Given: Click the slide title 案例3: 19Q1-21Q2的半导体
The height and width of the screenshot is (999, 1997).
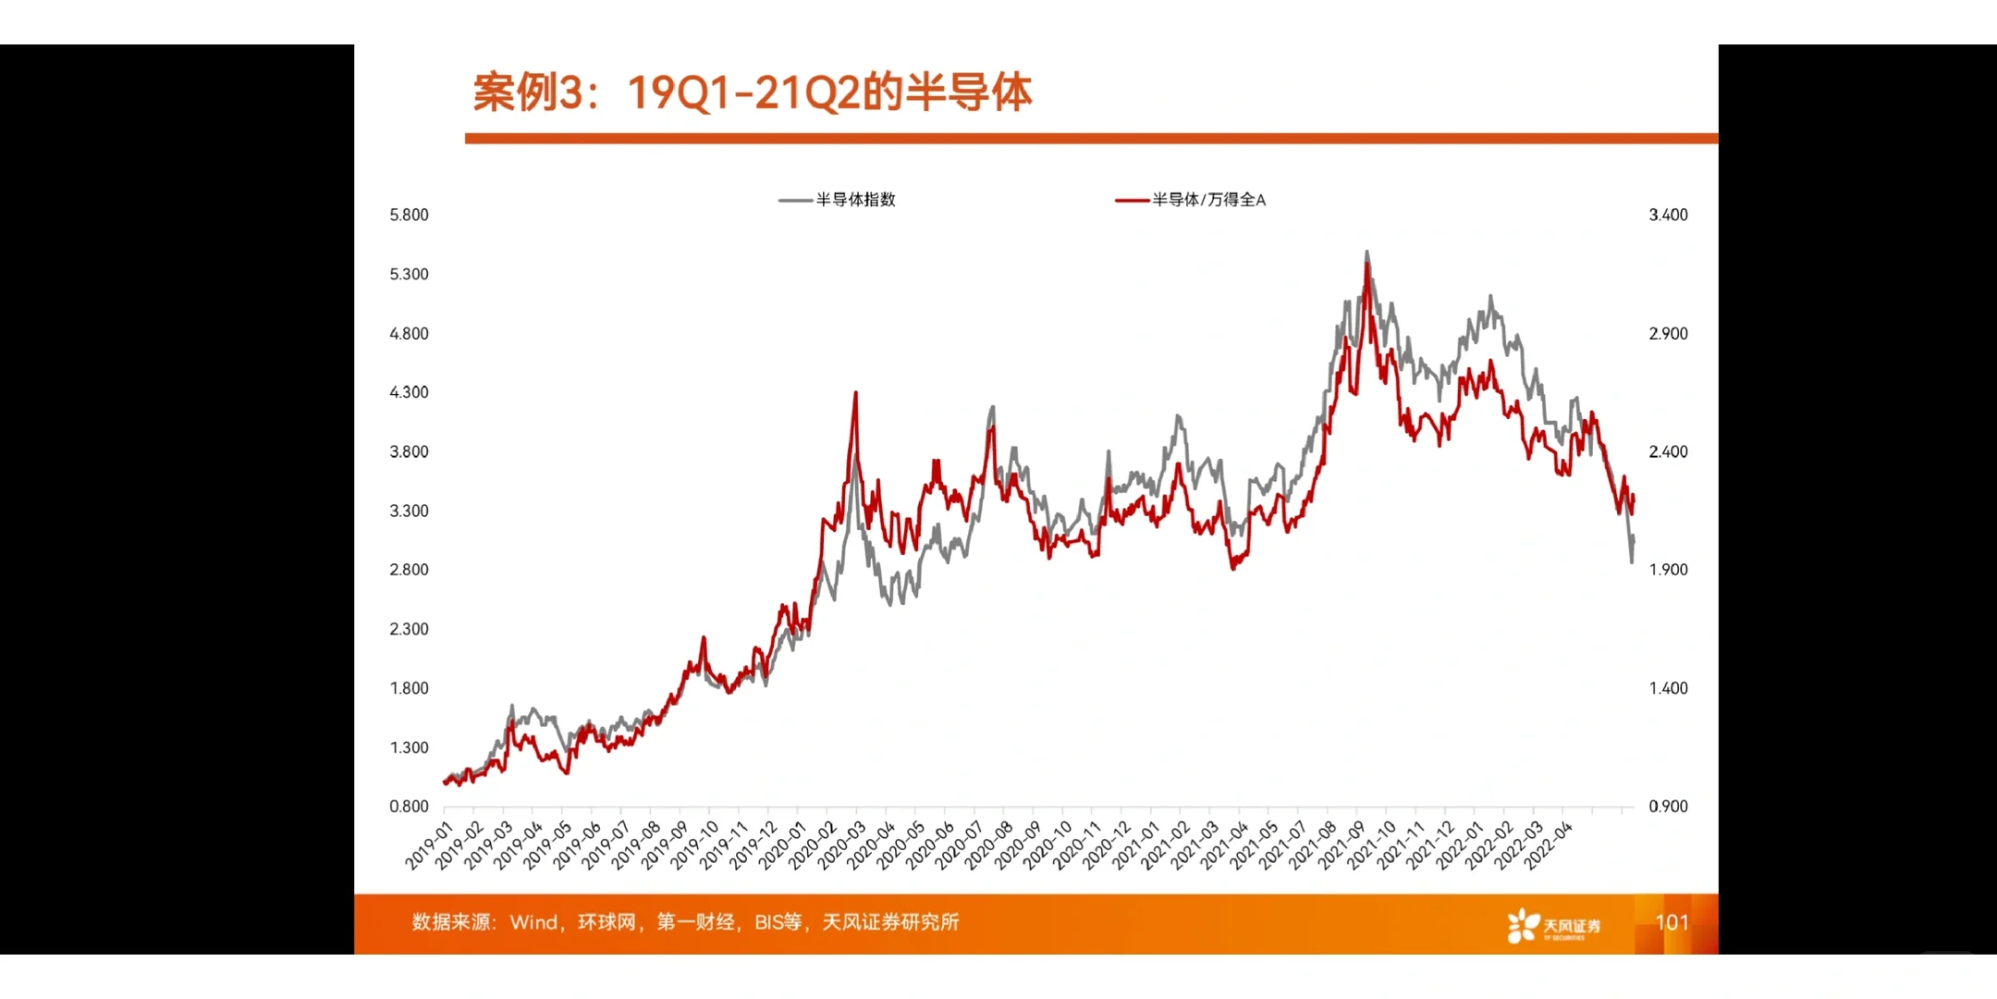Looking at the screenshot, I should (752, 92).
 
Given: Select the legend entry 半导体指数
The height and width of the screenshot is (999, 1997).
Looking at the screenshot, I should (854, 200).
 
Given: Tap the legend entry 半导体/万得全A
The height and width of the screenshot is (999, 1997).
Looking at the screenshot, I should (1207, 200).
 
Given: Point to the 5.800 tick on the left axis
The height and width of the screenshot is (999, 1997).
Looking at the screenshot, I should (409, 215).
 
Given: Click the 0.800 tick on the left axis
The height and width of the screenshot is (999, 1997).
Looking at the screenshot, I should (409, 807).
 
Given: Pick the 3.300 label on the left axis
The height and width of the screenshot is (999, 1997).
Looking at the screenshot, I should (409, 511).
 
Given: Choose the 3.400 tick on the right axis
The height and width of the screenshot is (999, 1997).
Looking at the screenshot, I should (1668, 215).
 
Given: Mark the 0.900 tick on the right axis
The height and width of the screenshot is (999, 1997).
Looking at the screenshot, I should (1668, 807).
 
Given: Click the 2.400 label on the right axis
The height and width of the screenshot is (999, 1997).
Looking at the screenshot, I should (1668, 451).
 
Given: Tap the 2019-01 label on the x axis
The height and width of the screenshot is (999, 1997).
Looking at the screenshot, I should (429, 845).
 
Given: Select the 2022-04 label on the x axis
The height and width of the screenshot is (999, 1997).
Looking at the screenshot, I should (1548, 845).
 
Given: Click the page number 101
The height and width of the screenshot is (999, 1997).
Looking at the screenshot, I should (1672, 922).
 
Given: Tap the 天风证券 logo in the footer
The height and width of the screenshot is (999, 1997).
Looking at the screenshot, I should (1553, 925).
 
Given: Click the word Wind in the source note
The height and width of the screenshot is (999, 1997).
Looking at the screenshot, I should (533, 922).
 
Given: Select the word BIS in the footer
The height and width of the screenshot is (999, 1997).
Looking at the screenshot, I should (769, 922).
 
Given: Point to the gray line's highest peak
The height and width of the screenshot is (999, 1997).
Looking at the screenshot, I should (1366, 252).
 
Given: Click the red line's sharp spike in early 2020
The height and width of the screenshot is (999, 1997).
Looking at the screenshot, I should (855, 393).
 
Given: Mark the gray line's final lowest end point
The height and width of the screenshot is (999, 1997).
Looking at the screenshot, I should (1632, 561).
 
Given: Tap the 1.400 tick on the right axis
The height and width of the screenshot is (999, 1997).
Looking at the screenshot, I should (1668, 688).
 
